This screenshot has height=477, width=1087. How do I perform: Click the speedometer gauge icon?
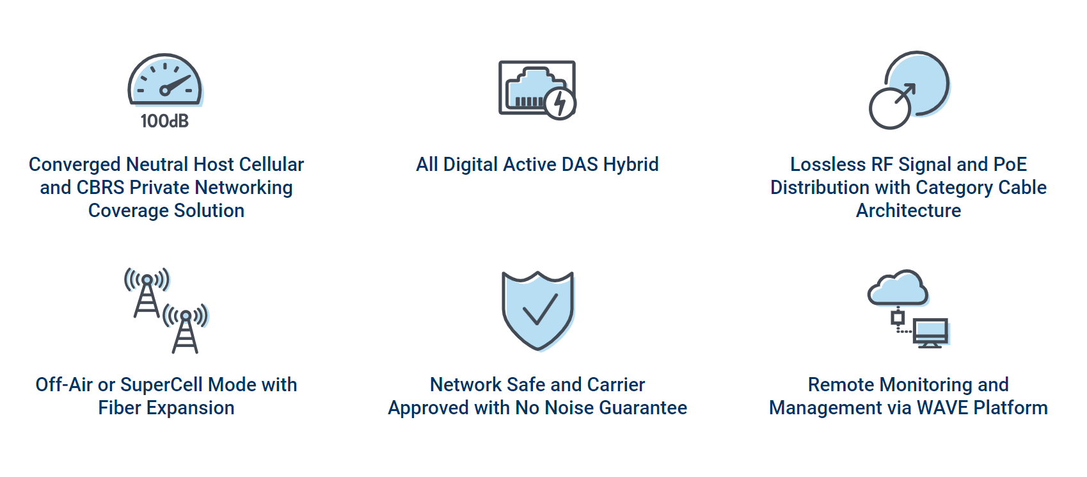(164, 80)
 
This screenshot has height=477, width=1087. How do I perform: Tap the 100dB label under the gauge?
(164, 121)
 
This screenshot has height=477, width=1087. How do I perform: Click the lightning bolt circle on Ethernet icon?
(560, 104)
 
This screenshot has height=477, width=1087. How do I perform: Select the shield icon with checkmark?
(537, 310)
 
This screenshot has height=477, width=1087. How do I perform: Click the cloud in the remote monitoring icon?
(898, 288)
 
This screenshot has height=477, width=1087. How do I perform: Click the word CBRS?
(100, 188)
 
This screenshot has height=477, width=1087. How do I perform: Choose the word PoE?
(1010, 165)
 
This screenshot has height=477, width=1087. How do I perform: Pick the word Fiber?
(120, 408)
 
